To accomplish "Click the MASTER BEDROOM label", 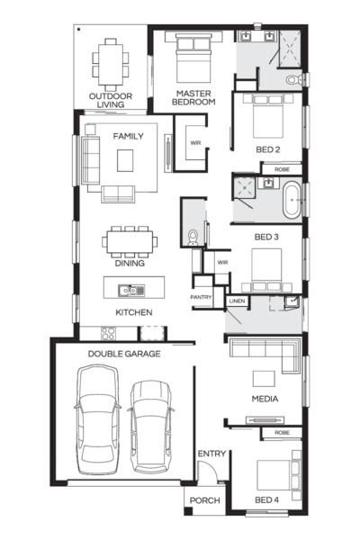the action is coord(193,97).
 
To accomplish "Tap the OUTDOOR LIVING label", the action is coord(111,100).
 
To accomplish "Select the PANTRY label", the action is coord(202,297).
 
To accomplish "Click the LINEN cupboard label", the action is coord(237,301).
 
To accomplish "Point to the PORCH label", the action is coord(204,500).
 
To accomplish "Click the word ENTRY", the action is coord(211,454).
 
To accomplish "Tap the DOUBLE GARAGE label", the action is coord(124,354).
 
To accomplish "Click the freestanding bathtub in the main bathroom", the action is coord(292,200).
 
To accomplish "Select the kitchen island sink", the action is coord(131,291).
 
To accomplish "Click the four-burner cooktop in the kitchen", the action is coord(108,333).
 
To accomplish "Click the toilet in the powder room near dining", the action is coord(193,238).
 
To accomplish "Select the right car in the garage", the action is coord(151,427).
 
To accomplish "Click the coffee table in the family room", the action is coord(125,160).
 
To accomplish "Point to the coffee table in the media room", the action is coord(264,379).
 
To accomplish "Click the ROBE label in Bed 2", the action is coord(282,169).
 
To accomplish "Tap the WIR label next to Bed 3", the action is coord(222,263).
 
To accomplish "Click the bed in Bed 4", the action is coord(278,475).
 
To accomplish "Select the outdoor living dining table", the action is coord(111,65).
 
